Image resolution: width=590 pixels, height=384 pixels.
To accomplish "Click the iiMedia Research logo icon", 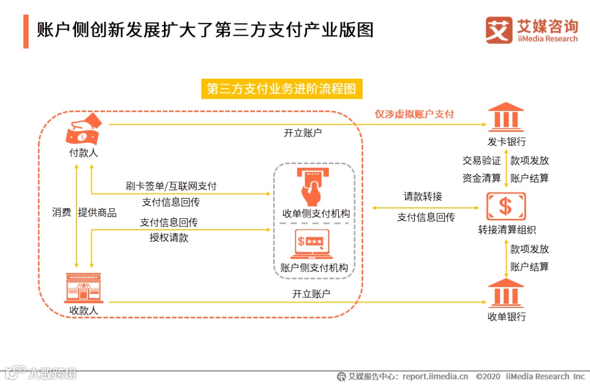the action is click(499, 30).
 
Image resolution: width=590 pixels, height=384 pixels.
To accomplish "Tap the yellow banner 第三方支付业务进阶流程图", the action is click(281, 89).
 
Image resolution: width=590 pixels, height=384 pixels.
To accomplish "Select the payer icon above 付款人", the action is click(84, 129).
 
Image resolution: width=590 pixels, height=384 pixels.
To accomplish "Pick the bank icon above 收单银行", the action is click(506, 293).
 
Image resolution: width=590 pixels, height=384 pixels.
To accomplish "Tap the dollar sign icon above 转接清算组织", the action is click(506, 206).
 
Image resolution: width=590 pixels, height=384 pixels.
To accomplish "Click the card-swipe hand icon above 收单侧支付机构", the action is click(314, 187).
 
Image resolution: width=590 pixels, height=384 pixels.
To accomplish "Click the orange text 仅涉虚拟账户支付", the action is click(414, 114).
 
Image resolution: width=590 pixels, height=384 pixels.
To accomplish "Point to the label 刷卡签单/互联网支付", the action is click(171, 186).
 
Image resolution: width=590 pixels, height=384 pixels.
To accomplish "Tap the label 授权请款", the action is click(169, 238).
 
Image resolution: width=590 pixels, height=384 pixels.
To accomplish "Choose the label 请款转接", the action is click(423, 196).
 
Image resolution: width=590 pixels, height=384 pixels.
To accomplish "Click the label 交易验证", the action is click(482, 160).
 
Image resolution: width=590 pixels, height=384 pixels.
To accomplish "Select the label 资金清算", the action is click(482, 178).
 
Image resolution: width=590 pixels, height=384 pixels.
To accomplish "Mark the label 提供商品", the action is click(97, 213).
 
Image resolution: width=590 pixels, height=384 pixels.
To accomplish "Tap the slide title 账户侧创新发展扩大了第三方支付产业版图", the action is click(205, 30).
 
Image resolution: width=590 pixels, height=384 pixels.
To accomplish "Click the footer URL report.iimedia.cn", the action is click(435, 376).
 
